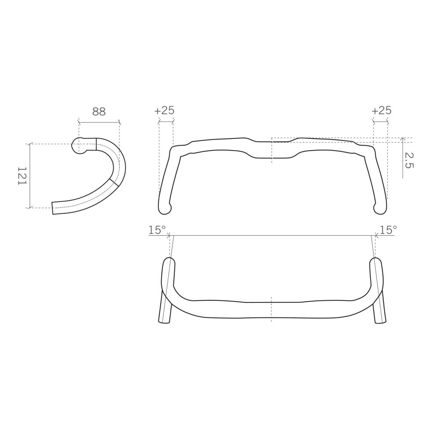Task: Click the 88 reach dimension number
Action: (x=99, y=112)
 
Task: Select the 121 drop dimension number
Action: (x=22, y=176)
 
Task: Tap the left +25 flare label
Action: (x=164, y=110)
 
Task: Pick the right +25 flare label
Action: (x=381, y=110)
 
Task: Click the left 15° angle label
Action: (x=157, y=230)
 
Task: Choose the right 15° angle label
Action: (x=388, y=230)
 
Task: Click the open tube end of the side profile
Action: (x=53, y=208)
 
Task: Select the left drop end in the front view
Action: (x=164, y=208)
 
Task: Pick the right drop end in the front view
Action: (x=380, y=208)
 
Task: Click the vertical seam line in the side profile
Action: (x=96, y=144)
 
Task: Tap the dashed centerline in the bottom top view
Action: (x=272, y=309)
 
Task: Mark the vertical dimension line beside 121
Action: (x=30, y=176)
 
